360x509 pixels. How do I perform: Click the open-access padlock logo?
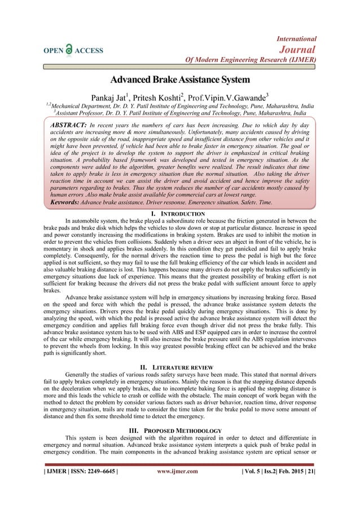(x=69, y=49)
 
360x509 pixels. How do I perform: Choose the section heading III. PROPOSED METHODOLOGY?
(x=179, y=431)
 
